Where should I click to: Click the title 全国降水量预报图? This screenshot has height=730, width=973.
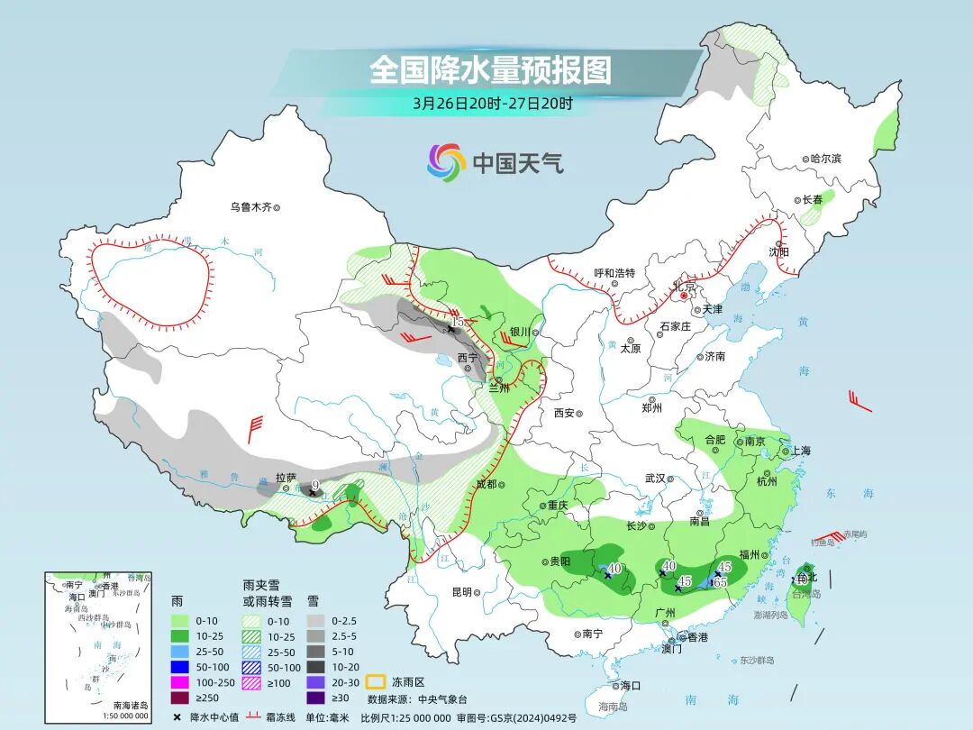tap(490, 69)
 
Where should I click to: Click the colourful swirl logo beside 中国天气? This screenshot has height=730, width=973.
tap(446, 162)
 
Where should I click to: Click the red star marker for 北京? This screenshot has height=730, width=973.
tap(684, 295)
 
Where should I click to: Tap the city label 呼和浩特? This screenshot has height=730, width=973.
tap(614, 273)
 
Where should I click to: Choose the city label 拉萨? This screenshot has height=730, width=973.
tap(286, 478)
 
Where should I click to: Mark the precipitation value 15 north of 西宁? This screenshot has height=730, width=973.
tap(458, 321)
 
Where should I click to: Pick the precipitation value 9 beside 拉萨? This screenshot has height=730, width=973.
tap(314, 486)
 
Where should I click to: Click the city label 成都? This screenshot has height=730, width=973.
tap(486, 484)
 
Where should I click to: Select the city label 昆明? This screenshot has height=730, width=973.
tap(461, 592)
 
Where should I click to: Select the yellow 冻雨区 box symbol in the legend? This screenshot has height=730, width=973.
tap(375, 681)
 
